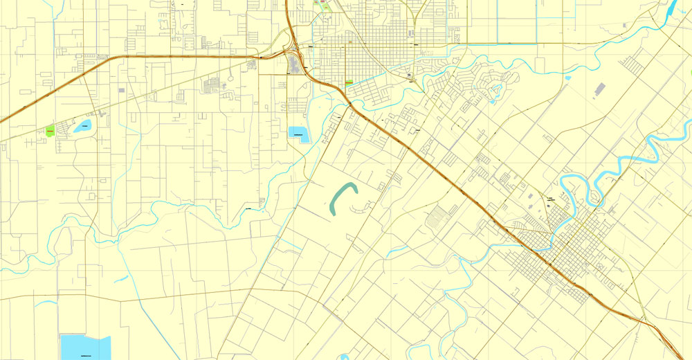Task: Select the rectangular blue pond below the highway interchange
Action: coord(299,134)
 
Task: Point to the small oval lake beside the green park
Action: coord(83,126)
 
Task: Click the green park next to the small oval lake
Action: coord(50,129)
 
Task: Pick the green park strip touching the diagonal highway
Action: coord(348,82)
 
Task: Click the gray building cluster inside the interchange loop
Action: coord(293,66)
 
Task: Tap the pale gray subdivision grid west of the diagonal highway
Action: coord(437,217)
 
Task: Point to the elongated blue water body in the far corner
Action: coord(671,8)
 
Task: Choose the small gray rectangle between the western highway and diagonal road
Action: coord(122,90)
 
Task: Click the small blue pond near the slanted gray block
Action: coord(567,78)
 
